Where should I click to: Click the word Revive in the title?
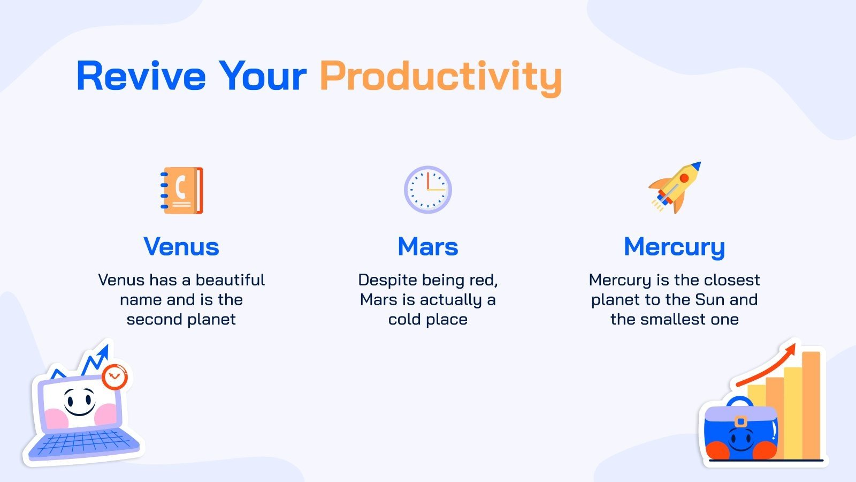(x=141, y=76)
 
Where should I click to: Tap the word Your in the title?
(x=262, y=76)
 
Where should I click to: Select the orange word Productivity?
(x=440, y=78)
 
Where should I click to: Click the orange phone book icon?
(x=182, y=190)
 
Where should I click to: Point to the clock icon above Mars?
(x=427, y=190)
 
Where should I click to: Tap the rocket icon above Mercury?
(x=675, y=187)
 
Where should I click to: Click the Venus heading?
(x=181, y=246)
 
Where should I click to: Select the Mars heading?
(x=427, y=246)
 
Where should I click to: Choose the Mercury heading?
(x=674, y=247)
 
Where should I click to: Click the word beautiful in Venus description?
(x=230, y=280)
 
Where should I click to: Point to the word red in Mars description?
(x=485, y=280)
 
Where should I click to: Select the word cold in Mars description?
(x=404, y=319)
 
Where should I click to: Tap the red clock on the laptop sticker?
(x=114, y=377)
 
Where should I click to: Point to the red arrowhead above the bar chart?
(x=790, y=351)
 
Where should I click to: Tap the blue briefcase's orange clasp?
(x=740, y=421)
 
